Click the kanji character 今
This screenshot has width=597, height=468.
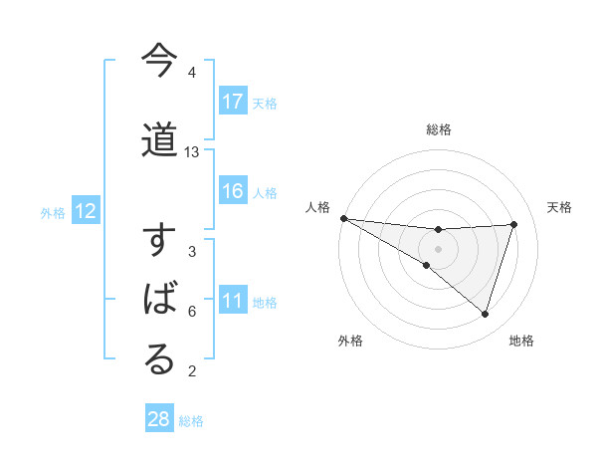click(x=159, y=61)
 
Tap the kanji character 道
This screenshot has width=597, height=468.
click(x=159, y=140)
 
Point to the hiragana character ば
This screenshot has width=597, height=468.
click(x=159, y=301)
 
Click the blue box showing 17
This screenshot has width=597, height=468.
click(x=233, y=102)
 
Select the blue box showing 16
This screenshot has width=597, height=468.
click(x=233, y=191)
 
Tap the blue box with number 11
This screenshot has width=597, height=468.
click(x=233, y=302)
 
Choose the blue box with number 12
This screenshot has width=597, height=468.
click(x=85, y=211)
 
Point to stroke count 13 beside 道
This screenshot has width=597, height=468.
click(x=192, y=152)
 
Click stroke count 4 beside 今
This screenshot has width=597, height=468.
click(x=191, y=73)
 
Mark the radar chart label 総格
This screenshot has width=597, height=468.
click(x=439, y=129)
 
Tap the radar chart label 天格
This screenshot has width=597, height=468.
click(x=560, y=207)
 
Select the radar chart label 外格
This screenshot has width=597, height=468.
click(x=350, y=342)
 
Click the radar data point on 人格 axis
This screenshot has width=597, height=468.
click(x=343, y=218)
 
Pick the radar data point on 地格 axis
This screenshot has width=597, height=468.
click(x=485, y=314)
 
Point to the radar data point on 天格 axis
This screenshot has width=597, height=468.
click(x=514, y=224)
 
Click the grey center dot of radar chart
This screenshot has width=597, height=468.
click(x=438, y=249)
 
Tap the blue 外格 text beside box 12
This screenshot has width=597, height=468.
click(x=52, y=212)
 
